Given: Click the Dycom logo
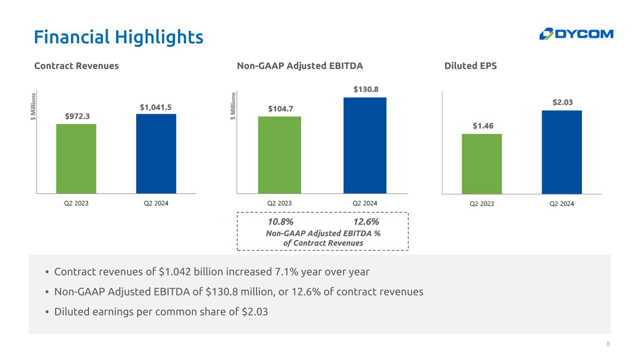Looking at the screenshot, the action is tap(577, 34).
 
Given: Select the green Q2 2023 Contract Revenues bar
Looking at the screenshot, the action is tap(76, 159).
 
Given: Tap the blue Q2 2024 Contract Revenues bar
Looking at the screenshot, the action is tap(156, 154).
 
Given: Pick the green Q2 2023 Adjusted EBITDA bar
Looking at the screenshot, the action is tap(279, 155).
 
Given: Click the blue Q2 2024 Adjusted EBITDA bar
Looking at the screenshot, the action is tap(365, 146).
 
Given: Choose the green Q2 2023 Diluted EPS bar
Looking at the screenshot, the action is tap(482, 164).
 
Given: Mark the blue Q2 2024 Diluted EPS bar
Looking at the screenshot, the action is tap(562, 152).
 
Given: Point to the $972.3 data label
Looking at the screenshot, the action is tap(77, 116).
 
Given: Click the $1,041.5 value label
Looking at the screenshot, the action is tap(155, 108).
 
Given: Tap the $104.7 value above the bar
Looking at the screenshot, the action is tap(280, 109).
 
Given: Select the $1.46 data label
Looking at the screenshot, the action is tap(483, 126).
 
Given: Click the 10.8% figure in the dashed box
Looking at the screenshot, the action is tap(281, 221).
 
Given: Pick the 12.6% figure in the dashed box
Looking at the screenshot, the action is tap(366, 221).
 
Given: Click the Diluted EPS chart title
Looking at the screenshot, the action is tap(470, 66).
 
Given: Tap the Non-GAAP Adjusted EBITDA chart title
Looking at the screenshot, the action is tap(300, 66).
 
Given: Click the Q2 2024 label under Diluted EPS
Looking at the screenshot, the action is tap(562, 204).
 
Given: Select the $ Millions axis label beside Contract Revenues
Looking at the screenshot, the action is tap(33, 106).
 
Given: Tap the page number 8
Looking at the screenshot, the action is tap(608, 344).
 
